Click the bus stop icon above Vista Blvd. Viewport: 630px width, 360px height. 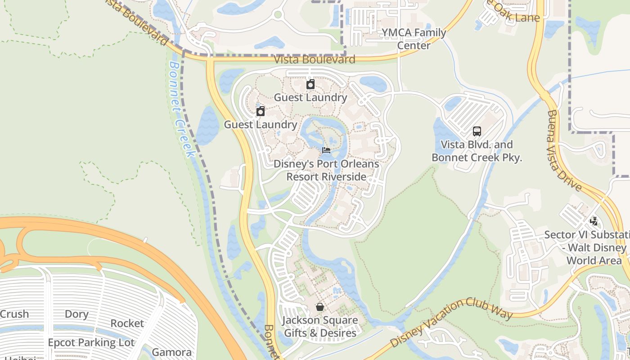(477, 131)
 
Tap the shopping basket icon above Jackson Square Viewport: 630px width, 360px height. (319, 307)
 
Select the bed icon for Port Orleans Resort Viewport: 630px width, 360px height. (326, 150)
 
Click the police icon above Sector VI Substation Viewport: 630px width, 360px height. (594, 221)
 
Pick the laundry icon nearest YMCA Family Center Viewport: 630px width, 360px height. (310, 84)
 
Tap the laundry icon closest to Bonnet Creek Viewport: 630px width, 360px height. (261, 111)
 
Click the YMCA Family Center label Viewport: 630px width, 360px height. (414, 39)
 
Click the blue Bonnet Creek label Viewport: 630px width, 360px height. (182, 109)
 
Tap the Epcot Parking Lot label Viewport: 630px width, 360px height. (91, 342)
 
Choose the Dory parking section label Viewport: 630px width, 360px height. (76, 314)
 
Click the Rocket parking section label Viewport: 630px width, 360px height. (127, 323)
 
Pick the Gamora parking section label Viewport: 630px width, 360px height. (171, 352)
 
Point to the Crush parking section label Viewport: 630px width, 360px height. (14, 314)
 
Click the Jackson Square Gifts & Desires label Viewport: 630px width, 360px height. (320, 327)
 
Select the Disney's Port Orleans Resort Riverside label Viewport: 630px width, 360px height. (326, 171)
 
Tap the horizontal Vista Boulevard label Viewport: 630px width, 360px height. (315, 59)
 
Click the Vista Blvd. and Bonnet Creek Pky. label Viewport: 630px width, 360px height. (477, 151)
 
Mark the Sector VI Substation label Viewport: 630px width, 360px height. (587, 247)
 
